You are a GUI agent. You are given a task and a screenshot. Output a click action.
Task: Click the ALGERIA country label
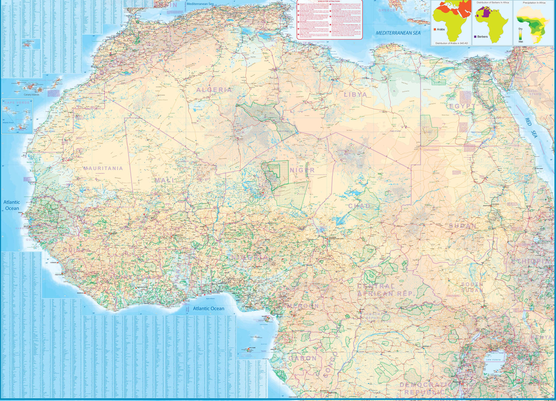214,90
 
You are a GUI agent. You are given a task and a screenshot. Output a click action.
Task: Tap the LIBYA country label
355,94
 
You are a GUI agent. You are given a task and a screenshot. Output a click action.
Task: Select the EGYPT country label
462,106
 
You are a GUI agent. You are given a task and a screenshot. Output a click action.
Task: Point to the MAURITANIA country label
103,168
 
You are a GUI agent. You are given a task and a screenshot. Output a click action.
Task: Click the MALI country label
164,180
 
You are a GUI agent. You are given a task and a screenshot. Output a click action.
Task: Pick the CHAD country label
359,206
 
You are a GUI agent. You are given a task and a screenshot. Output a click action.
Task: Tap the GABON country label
302,358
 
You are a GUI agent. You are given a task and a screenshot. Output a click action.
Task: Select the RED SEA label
531,128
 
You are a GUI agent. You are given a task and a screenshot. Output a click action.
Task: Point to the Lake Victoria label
493,360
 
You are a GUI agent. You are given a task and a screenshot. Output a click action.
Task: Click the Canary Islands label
32,95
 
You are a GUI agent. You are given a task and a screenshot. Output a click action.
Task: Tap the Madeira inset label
30,41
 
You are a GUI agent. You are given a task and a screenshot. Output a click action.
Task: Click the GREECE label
387,10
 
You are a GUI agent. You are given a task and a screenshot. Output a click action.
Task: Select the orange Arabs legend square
434,29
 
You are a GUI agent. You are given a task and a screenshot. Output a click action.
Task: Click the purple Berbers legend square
475,37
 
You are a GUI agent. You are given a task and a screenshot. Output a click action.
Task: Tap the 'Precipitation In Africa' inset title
534,3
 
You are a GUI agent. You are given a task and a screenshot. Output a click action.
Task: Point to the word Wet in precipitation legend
521,41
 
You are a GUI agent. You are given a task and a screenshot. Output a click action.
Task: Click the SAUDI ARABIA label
535,92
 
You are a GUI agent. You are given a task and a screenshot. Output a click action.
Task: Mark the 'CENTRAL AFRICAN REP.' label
385,290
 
